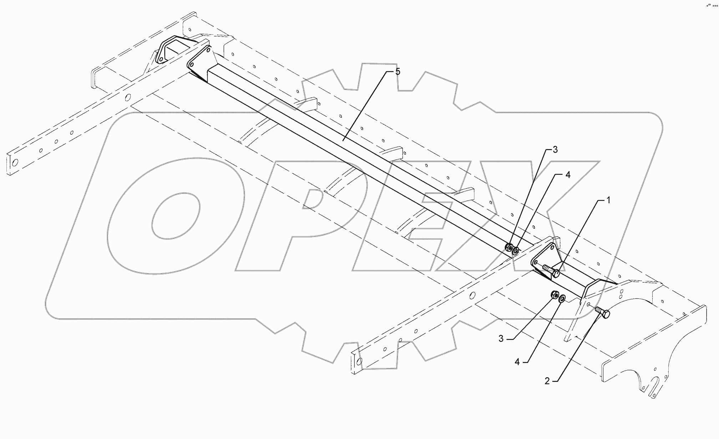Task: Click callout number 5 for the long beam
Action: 398,72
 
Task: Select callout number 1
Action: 608,201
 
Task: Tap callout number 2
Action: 547,381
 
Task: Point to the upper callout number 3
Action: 555,150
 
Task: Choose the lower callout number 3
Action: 501,338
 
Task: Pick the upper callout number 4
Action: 568,175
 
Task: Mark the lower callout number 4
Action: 517,362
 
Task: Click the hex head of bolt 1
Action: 556,274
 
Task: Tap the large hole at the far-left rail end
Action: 15,163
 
